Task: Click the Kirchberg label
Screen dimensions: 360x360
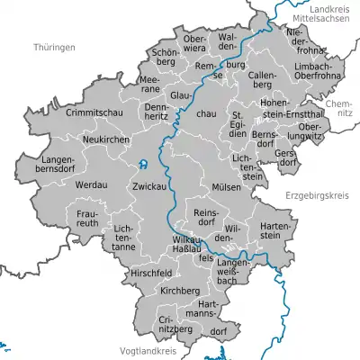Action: coord(179,292)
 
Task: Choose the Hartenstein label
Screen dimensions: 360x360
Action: coord(276,228)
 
